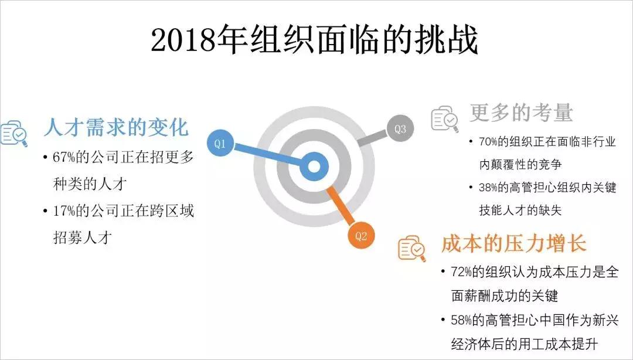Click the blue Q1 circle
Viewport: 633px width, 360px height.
[220, 144]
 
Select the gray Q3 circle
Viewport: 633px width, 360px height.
[400, 129]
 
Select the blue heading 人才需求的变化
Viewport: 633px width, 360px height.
[115, 128]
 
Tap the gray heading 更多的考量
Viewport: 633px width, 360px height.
[521, 113]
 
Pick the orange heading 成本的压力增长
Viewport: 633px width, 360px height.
[513, 244]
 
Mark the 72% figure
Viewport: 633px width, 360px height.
[463, 272]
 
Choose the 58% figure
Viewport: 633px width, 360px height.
[463, 320]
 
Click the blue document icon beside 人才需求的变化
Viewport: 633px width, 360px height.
[13, 133]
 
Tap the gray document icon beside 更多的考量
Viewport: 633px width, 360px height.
[445, 118]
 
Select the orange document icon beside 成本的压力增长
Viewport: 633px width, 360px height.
[412, 248]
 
